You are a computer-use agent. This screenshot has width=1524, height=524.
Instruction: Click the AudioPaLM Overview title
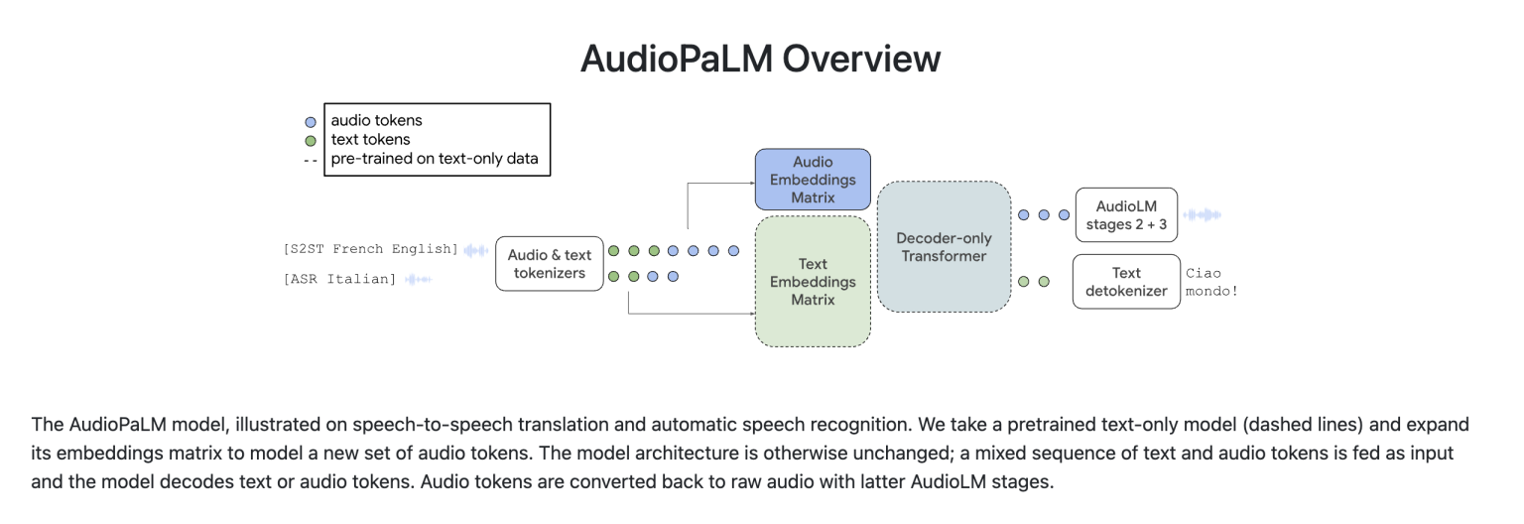click(760, 59)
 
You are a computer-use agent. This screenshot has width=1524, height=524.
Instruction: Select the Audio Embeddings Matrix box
click(813, 180)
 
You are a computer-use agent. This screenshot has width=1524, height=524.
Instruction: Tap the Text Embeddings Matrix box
click(813, 282)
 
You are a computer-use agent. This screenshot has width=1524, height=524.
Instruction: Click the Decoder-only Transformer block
click(943, 247)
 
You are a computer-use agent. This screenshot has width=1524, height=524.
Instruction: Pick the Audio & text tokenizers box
click(549, 263)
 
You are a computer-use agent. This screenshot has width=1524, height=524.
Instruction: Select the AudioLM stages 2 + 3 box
click(1126, 215)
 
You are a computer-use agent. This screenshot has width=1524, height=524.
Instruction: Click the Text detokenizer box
click(1126, 282)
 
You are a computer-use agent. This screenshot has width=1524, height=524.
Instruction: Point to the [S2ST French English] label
click(370, 249)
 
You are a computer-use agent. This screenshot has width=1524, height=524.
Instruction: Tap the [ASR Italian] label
click(339, 279)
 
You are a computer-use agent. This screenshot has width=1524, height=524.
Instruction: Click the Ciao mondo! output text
click(1211, 282)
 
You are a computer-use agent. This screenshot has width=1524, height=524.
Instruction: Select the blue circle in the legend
click(311, 121)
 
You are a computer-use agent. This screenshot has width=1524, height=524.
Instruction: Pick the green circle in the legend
click(311, 140)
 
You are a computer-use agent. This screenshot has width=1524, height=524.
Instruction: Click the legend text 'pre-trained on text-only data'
click(435, 159)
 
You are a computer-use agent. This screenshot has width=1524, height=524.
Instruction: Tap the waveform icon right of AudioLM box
click(1202, 215)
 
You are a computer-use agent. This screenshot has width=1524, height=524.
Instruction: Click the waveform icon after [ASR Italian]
click(417, 279)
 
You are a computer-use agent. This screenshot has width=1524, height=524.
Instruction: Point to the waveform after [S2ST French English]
click(477, 250)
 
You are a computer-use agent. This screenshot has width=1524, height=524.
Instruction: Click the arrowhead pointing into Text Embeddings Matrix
click(750, 315)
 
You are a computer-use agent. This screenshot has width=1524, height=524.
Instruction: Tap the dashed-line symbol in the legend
click(311, 159)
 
